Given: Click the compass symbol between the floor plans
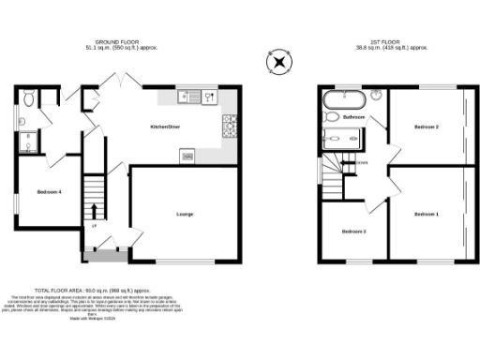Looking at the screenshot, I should pyautogui.click(x=277, y=63).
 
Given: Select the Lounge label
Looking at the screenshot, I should pyautogui.click(x=185, y=215).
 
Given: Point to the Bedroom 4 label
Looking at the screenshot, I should pyautogui.click(x=50, y=190).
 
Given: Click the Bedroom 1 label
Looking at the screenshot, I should pyautogui.click(x=426, y=215).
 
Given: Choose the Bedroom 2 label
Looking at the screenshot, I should pyautogui.click(x=426, y=126).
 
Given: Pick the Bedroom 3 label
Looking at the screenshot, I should pyautogui.click(x=353, y=231).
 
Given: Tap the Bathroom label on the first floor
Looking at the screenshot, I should pyautogui.click(x=353, y=116).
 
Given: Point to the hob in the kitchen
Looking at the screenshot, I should pyautogui.click(x=228, y=123).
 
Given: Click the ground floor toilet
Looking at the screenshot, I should pyautogui.click(x=30, y=97).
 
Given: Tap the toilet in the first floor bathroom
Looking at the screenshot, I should pyautogui.click(x=330, y=117).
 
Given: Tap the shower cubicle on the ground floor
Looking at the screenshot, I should pyautogui.click(x=29, y=141).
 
